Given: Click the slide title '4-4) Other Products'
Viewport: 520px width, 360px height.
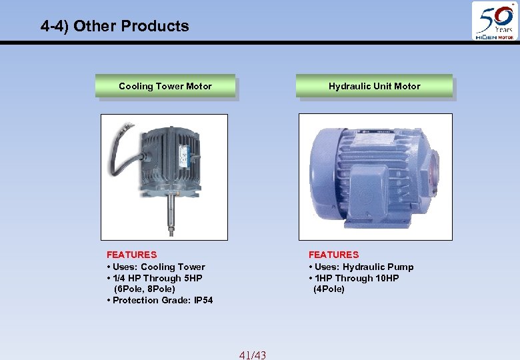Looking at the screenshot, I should click(x=115, y=26).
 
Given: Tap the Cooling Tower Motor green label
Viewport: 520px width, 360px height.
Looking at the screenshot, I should click(x=165, y=86).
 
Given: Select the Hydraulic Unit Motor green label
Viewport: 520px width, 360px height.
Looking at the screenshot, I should click(x=374, y=86).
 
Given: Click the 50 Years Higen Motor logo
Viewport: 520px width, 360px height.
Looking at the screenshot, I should click(x=494, y=21).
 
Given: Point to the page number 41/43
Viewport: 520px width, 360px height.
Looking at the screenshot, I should click(x=252, y=355).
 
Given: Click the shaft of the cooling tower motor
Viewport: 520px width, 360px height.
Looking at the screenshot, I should click(x=171, y=213).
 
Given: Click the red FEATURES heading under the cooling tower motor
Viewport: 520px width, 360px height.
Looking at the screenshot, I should click(x=132, y=255).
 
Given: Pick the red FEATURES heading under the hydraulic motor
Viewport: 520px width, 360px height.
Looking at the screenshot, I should click(x=333, y=255).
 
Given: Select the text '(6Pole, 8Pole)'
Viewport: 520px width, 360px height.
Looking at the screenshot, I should click(x=145, y=289).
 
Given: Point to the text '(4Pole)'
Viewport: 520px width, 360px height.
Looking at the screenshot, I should click(x=329, y=289).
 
